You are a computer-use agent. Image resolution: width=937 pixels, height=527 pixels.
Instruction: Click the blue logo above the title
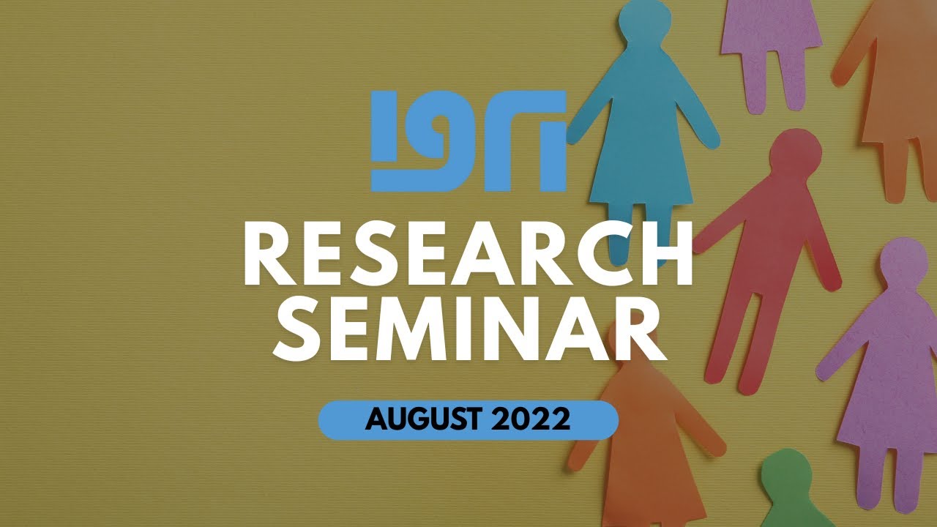[x=468, y=141]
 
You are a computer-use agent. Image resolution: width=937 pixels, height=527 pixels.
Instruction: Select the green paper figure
[x=788, y=490]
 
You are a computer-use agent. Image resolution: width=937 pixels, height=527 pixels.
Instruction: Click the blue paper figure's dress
[x=641, y=146]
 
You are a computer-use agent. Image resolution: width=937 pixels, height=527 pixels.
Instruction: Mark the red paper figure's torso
[x=776, y=234]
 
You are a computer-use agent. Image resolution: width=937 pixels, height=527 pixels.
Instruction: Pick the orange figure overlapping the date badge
[x=644, y=432]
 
